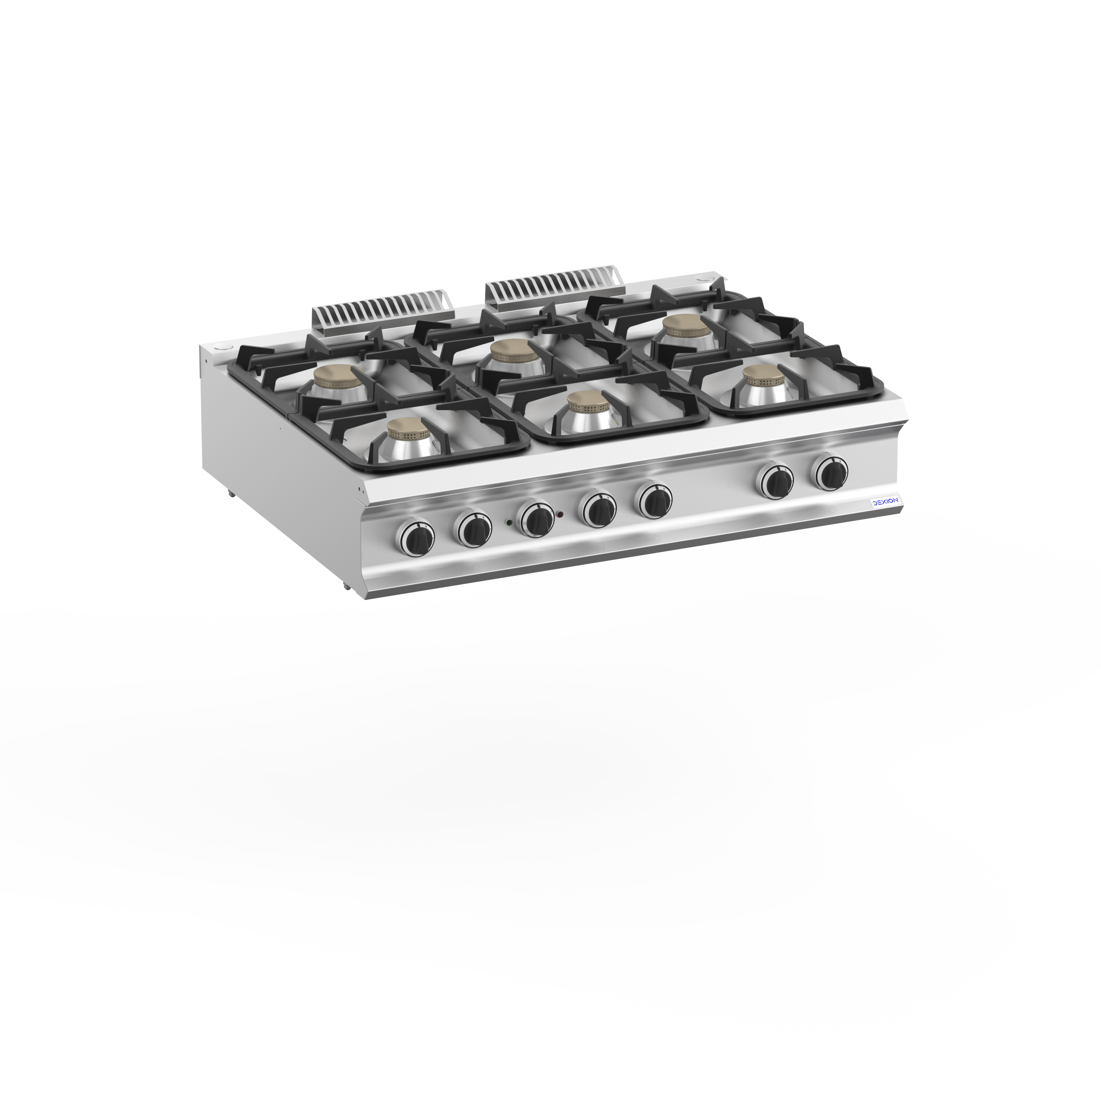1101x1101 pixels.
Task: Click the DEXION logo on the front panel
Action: pyautogui.click(x=884, y=501)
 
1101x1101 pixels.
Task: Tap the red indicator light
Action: pyautogui.click(x=561, y=515)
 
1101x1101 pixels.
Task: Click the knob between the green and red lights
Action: pyautogui.click(x=537, y=519)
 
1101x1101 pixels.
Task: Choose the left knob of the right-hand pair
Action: pyautogui.click(x=774, y=480)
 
